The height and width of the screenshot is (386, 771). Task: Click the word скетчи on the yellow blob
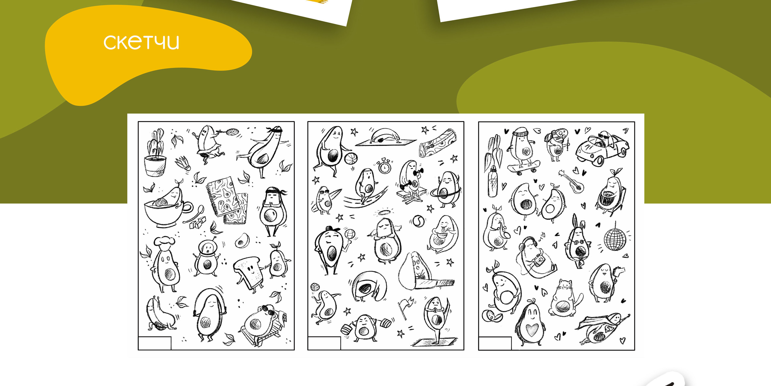tap(141, 42)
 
